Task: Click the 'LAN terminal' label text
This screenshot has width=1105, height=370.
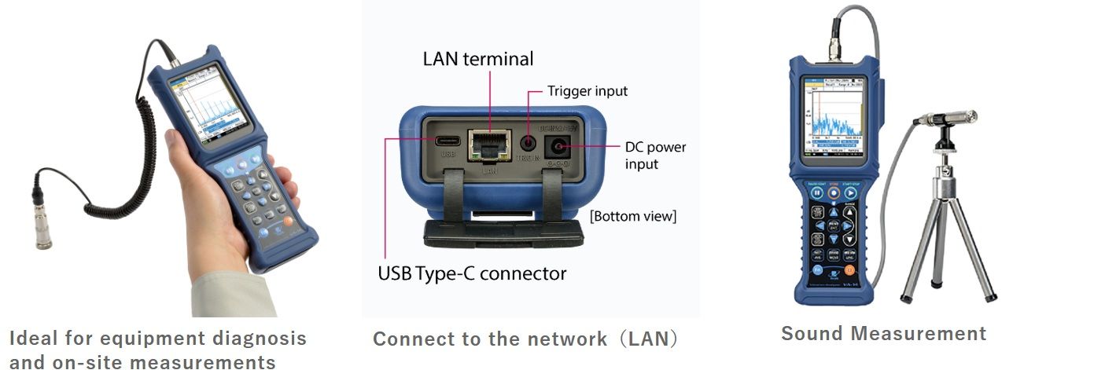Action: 477,59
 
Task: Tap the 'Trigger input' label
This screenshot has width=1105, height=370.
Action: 587,91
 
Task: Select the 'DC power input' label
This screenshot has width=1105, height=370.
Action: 655,155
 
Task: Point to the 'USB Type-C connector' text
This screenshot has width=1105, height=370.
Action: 472,273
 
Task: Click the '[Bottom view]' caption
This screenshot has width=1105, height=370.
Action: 633,215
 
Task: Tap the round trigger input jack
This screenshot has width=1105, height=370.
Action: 529,144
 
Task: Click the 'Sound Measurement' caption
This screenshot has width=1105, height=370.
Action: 883,333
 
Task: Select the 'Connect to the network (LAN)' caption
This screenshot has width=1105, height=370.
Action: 525,339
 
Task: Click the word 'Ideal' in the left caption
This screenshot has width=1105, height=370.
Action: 33,339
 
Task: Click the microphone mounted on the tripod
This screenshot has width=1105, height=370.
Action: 946,118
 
